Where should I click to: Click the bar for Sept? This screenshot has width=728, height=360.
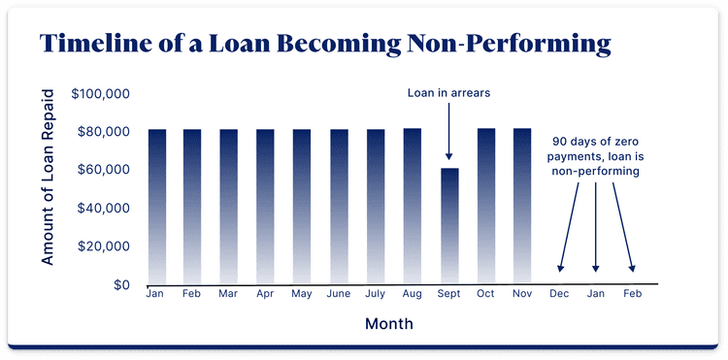448,225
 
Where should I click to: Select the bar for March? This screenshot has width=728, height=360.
229,206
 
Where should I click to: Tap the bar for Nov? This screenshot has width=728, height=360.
521,206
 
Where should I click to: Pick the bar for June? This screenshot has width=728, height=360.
339,206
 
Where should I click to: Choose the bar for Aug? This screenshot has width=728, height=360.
412,206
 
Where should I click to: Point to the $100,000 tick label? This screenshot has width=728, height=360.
102,94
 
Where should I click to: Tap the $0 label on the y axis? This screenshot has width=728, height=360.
121,285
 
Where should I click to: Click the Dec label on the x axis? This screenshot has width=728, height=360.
559,293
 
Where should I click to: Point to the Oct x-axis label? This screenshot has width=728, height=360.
485,293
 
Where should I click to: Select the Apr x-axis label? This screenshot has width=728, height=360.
265,293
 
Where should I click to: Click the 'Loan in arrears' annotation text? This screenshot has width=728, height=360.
448,94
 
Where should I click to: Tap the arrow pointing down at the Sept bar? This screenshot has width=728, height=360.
448,131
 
